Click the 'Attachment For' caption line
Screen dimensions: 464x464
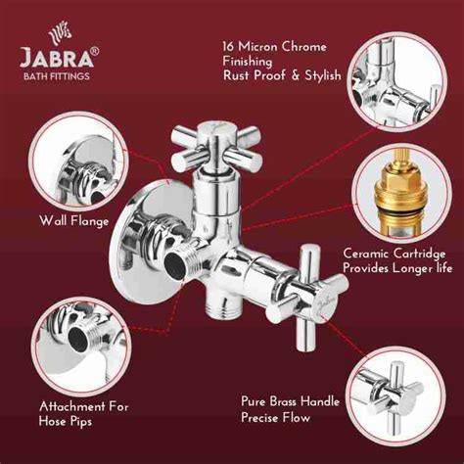tap(83, 405)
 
